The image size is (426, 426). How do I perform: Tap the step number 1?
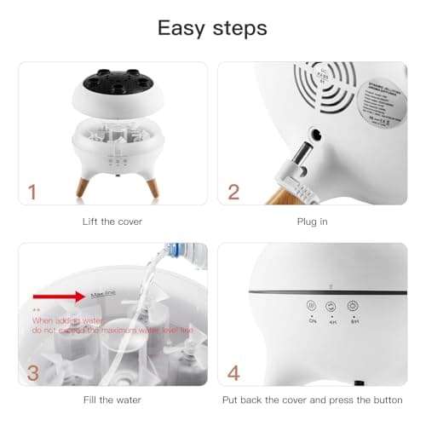click(x=32, y=192)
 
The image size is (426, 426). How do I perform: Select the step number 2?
click(x=233, y=192)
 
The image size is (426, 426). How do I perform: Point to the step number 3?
click(x=32, y=372)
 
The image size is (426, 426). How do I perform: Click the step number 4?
click(x=233, y=372)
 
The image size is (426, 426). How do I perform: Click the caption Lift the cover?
click(x=112, y=222)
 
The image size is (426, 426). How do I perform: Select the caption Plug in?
click(x=312, y=222)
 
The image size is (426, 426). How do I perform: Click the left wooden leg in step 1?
click(x=83, y=186)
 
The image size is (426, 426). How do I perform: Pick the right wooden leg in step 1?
click(x=151, y=186)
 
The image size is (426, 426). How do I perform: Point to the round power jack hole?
click(x=314, y=133)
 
